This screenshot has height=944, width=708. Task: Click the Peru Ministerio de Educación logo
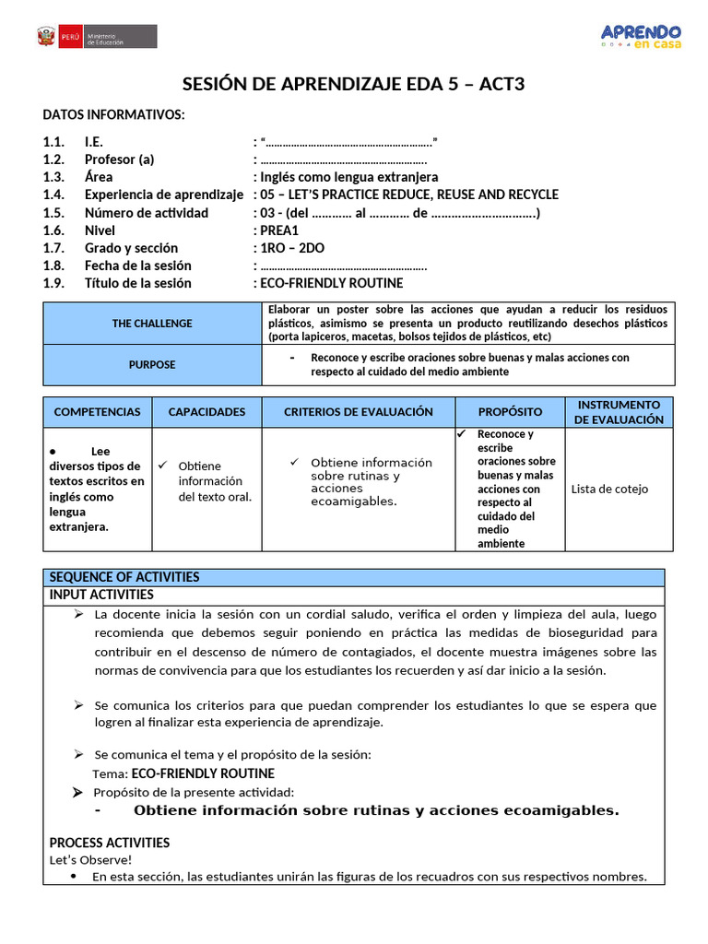coord(97,36)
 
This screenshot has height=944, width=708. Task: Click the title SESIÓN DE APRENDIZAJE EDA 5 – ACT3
coord(353,85)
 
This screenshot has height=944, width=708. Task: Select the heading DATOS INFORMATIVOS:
coord(113,114)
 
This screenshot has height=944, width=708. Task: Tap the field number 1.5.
coord(53,213)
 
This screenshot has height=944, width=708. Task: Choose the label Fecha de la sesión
coord(138,265)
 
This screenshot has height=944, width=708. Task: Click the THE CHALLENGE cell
coord(152,324)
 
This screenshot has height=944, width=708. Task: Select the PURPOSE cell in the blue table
coord(152,365)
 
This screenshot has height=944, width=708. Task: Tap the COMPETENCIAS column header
coord(98,412)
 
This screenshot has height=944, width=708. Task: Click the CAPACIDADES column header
coord(206,412)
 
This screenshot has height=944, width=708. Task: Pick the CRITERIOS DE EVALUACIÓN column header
coord(358,412)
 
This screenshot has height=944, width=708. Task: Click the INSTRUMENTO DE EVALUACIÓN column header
coord(619,412)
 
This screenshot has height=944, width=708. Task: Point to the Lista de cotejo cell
coord(609,490)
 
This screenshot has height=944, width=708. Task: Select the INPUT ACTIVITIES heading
coord(101,595)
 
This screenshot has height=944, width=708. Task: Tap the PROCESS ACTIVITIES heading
coord(109,843)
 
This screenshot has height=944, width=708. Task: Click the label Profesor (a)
coord(120,159)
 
